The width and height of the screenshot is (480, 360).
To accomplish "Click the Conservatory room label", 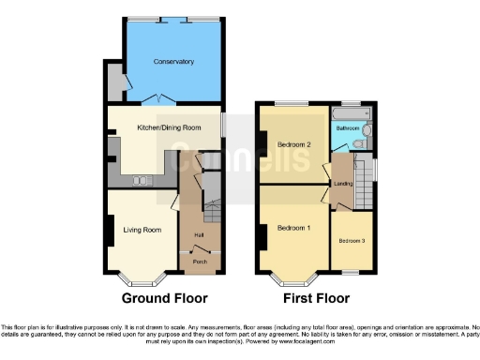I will (x=173, y=62).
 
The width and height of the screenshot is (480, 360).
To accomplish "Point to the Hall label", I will (x=199, y=233).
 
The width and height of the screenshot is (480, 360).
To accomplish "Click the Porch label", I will (x=200, y=262).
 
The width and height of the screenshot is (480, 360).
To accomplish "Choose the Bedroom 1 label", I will (x=295, y=229).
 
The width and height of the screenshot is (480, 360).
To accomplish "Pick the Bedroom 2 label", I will (x=294, y=144).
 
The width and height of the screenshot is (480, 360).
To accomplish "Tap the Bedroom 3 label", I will (x=352, y=241).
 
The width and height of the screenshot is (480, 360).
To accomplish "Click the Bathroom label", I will (x=350, y=128).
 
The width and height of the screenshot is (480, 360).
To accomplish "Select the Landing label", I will (x=342, y=184).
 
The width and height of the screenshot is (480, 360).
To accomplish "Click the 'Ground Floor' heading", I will (x=163, y=299).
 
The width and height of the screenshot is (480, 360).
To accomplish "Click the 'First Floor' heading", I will (x=315, y=299).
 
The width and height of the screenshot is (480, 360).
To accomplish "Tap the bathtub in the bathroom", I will (x=350, y=115).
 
